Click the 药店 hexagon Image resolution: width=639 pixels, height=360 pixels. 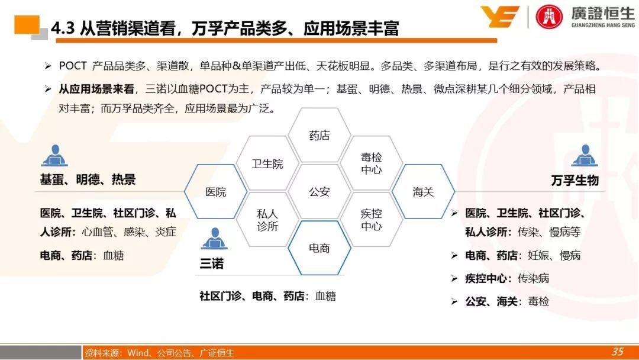point(319,135)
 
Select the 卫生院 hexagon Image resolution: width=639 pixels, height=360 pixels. point(267,163)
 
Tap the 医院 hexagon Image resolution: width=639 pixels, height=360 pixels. point(215,192)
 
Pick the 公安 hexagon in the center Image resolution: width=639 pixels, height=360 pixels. point(319,192)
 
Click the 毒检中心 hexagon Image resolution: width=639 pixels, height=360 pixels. point(371,163)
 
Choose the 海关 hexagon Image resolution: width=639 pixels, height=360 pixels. point(423,192)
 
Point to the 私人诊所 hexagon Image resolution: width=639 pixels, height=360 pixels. point(267,220)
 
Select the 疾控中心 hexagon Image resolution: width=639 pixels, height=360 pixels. point(371,220)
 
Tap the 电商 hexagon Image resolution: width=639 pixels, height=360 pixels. point(319,248)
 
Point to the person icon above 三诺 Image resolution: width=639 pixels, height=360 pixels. point(214,239)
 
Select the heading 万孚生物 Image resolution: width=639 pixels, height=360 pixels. point(575,180)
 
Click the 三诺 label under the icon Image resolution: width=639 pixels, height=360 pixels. point(211,263)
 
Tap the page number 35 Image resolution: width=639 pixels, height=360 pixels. point(617,352)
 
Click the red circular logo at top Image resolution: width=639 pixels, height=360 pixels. point(549,17)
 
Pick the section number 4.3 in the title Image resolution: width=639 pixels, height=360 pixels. point(63,28)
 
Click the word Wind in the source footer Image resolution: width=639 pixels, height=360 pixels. point(138,353)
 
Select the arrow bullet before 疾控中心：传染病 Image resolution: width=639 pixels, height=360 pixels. point(454,279)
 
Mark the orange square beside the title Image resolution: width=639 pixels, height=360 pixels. point(27,25)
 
